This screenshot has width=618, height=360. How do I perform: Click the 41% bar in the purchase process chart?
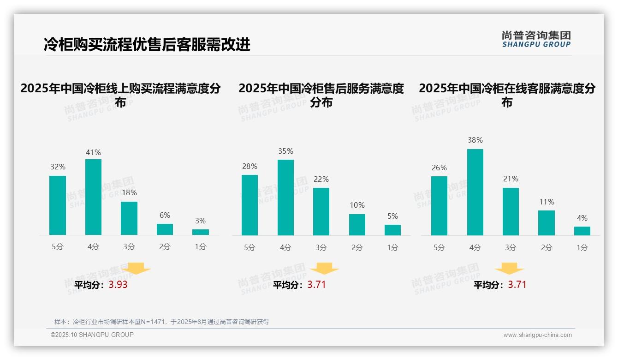coord(93,197)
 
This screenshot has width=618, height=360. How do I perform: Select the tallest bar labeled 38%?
coord(475,192)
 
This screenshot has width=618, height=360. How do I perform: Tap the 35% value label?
coord(285,151)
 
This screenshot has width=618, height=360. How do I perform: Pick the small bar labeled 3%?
coord(201,232)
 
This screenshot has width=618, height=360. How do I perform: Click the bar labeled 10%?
coord(357,225)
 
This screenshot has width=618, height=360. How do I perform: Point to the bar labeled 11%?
coord(547,223)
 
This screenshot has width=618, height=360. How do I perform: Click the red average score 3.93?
coord(118,285)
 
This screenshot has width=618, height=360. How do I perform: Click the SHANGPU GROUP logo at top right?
coord(536,39)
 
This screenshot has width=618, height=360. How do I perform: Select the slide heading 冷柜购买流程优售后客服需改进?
coord(147,45)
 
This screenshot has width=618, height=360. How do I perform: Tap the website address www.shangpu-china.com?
coord(537,335)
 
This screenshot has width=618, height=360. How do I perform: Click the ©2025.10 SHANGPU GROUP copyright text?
coord(92,335)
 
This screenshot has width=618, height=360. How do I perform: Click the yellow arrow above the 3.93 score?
coord(136,268)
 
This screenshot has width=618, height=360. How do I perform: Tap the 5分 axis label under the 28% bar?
coord(250,247)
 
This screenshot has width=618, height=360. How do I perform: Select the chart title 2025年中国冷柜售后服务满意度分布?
coord(321,95)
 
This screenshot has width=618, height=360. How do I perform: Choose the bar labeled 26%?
coord(439,206)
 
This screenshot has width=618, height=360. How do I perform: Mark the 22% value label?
coord(321,180)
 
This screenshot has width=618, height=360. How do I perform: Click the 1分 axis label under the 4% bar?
coord(582,247)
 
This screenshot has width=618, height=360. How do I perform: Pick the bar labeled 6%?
coord(165,229)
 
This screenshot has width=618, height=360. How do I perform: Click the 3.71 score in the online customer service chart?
coord(517,285)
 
